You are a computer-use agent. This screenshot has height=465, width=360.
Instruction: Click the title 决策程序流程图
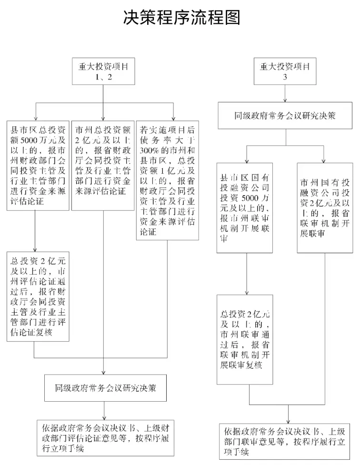coord(181,17)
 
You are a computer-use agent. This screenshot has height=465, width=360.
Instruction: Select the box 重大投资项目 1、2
coord(103,71)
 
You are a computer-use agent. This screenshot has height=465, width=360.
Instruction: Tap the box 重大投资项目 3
coord(285,71)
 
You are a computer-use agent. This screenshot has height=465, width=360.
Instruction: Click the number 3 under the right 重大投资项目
coord(285,77)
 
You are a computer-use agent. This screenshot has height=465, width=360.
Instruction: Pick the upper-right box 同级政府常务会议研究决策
coord(285,116)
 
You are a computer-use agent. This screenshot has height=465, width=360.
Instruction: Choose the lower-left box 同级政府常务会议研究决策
coord(105,388)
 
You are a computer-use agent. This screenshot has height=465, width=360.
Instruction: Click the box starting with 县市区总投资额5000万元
coord(38,166)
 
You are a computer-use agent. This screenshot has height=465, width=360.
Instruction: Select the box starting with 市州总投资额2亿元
coord(103,166)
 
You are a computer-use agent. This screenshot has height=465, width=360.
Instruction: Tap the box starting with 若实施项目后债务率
coord(168,180)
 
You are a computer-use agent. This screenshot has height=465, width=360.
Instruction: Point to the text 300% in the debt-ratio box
coord(149,150)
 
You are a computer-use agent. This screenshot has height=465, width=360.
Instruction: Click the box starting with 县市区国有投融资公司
coord(245,208)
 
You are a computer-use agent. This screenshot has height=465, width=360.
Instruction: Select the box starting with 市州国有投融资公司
coord(325,208)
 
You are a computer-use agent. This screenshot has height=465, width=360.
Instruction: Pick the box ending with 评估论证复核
coord(38,297)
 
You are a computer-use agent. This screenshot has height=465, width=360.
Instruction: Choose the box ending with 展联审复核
coord(245,339)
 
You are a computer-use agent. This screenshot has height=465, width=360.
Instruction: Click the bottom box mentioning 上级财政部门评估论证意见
coord(105,438)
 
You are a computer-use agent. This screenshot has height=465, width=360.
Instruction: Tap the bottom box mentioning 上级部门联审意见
coord(284,442)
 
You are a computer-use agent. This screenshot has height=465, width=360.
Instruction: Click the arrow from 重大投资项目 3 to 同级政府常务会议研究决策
coord(285,93)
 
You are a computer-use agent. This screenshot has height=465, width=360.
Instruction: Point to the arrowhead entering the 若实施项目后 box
coord(173,119)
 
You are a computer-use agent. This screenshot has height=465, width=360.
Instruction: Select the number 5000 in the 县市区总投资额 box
coord(29,140)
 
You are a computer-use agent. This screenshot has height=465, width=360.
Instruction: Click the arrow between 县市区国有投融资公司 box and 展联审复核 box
coord(246,274)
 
